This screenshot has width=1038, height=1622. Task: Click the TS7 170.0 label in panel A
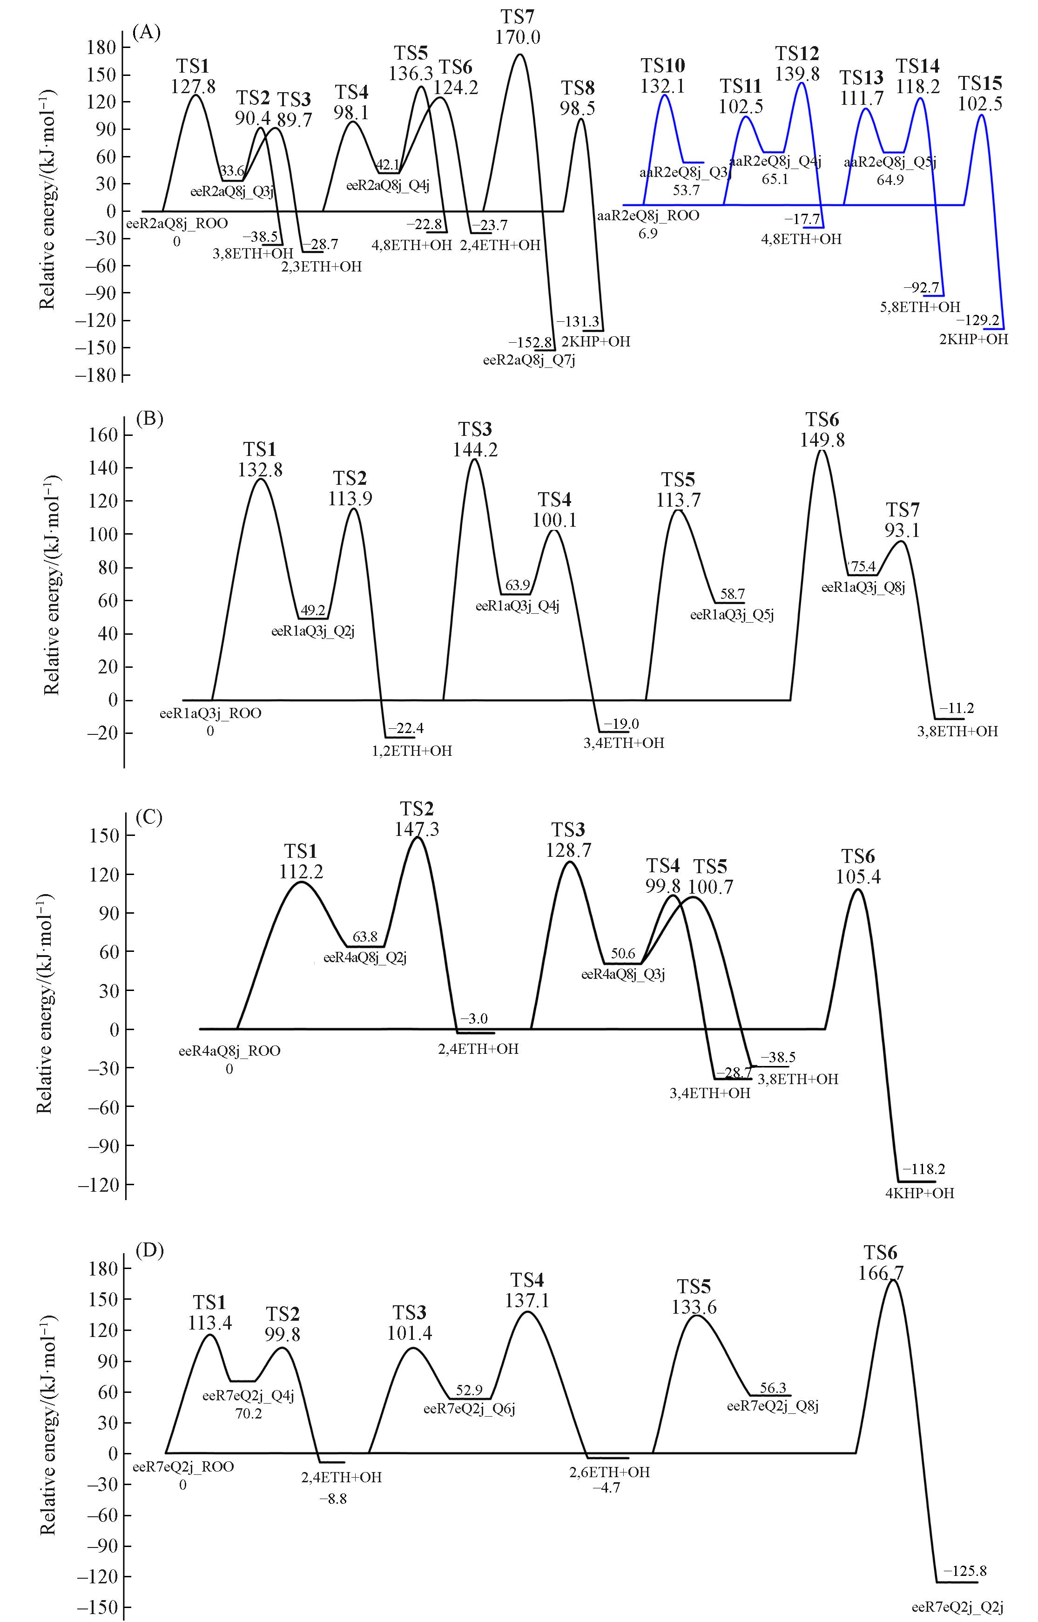(x=518, y=27)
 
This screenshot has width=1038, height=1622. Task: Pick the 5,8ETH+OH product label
(x=920, y=307)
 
